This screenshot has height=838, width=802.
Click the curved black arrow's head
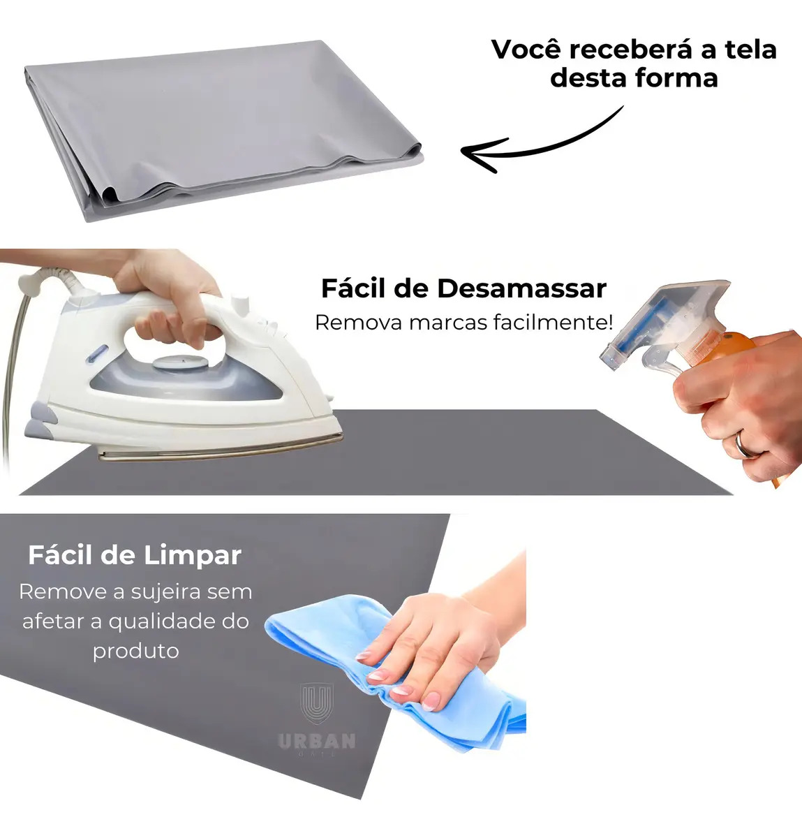483,154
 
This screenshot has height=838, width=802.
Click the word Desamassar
521,288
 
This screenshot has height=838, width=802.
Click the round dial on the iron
180,362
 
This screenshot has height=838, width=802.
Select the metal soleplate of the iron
220,449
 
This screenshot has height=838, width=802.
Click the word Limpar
193,557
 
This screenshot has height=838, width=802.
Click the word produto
135,652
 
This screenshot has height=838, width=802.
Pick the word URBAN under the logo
317,741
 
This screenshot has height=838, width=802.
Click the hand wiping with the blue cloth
435,646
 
